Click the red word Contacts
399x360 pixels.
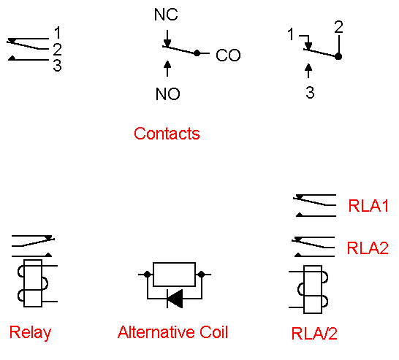click(x=167, y=134)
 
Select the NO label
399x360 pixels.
click(x=167, y=94)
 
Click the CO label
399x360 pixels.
click(x=228, y=55)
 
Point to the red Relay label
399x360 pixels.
click(x=31, y=333)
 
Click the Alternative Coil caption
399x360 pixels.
click(x=172, y=333)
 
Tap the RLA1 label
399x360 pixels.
click(x=368, y=207)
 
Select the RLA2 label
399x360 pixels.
click(x=368, y=248)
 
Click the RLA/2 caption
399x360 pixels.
click(x=314, y=335)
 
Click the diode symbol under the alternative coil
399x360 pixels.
click(x=174, y=297)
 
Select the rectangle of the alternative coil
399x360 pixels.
click(x=174, y=275)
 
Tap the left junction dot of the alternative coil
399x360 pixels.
click(x=148, y=275)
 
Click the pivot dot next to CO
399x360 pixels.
click(x=197, y=53)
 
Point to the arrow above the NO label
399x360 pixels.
click(x=168, y=68)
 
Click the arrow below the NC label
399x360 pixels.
click(x=168, y=37)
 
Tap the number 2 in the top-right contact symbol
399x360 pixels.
click(x=338, y=28)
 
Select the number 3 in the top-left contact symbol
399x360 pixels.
click(x=57, y=66)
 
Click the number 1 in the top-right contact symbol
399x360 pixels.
click(x=291, y=34)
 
